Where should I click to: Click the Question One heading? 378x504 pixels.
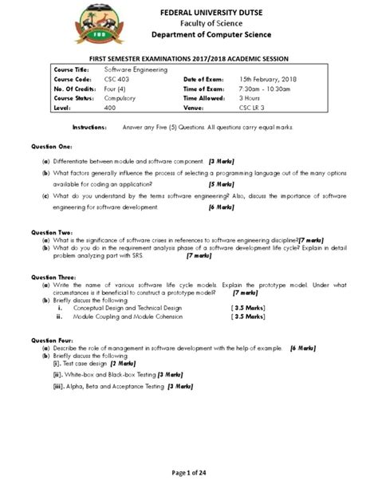tap(52, 148)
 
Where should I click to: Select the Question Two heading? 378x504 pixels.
tap(52, 231)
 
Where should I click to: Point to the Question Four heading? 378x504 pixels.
tap(52, 341)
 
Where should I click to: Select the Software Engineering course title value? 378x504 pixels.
tap(136, 70)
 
